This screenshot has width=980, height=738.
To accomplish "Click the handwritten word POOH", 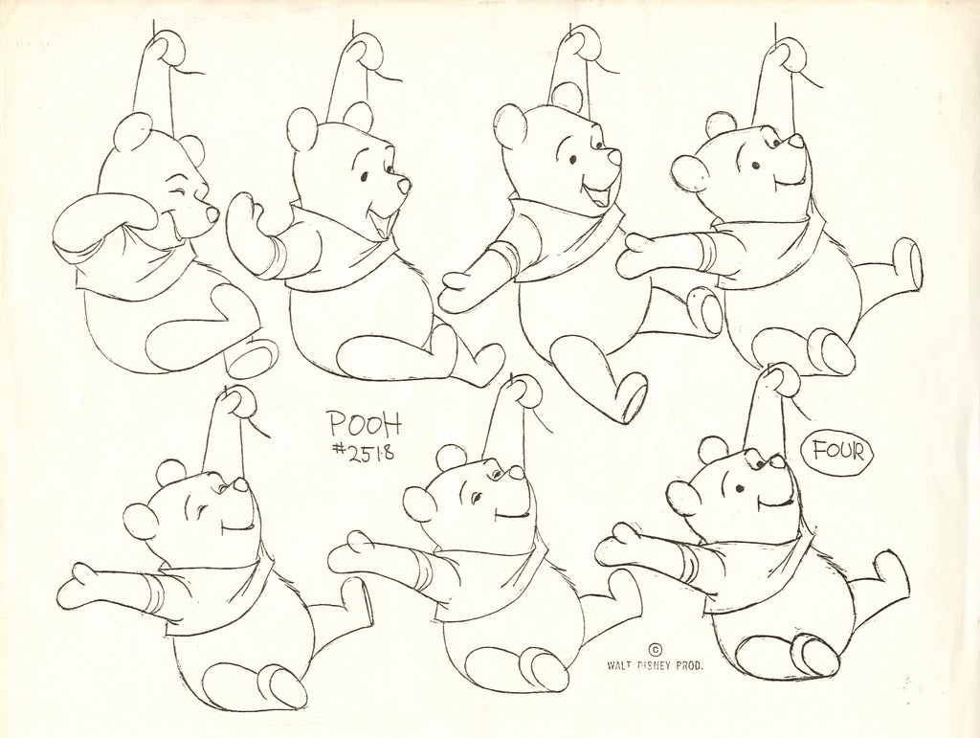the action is tap(365, 424).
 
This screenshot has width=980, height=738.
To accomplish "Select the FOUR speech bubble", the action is tap(836, 450).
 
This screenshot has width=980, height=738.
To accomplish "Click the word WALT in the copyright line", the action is tap(618, 665).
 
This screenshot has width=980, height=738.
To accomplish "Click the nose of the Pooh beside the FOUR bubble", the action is tap(779, 462).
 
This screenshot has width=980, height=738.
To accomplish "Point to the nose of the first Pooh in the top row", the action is tap(212, 213).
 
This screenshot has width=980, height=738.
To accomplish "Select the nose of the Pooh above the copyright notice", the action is tap(516, 473).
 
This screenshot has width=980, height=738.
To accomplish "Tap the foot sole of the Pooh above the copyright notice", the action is tap(544, 667).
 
